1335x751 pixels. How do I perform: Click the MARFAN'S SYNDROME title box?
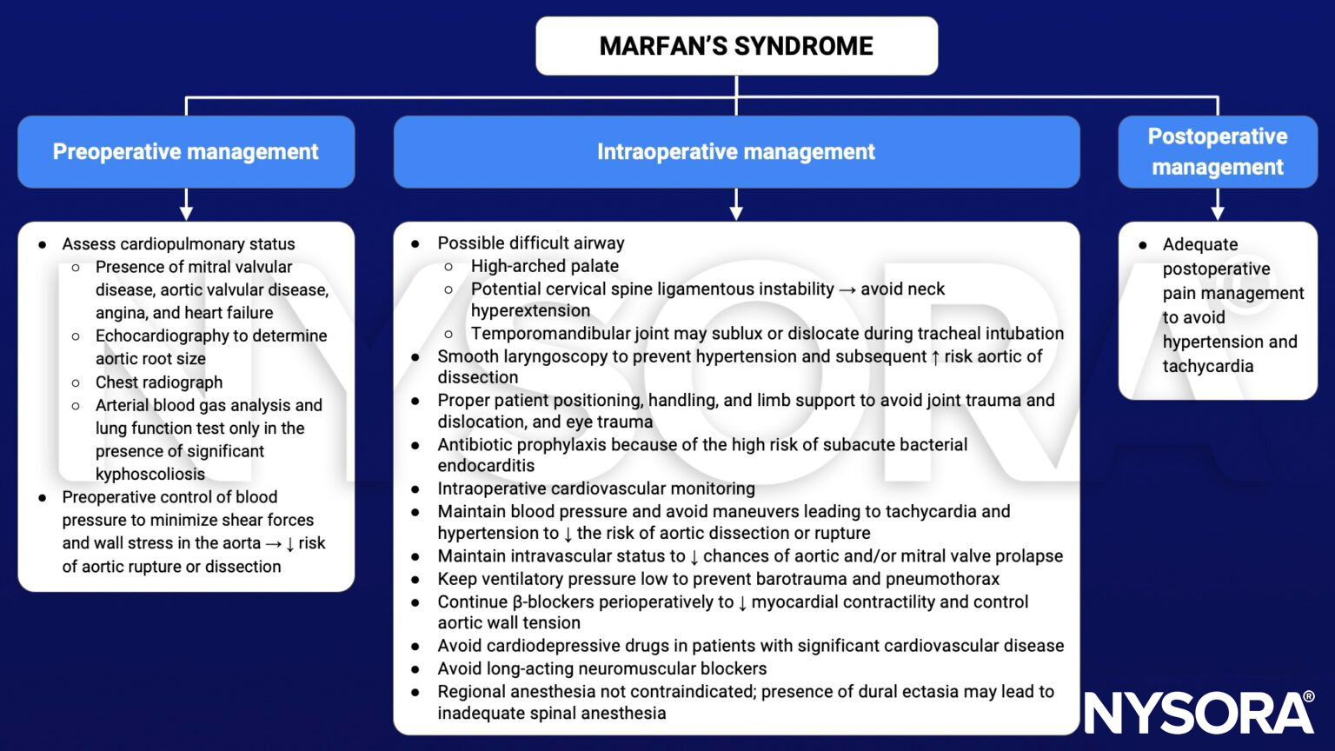click(x=736, y=46)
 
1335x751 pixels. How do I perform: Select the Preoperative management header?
click(x=186, y=152)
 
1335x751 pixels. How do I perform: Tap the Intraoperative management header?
click(x=736, y=152)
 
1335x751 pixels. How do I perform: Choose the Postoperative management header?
click(x=1217, y=152)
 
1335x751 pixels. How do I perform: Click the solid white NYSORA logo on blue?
click(x=1199, y=714)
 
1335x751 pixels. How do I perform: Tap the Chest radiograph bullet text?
click(x=159, y=382)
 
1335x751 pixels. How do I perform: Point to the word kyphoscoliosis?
click(x=150, y=474)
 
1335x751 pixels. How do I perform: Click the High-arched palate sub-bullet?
click(x=545, y=266)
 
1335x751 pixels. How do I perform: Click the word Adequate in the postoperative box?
click(x=1199, y=245)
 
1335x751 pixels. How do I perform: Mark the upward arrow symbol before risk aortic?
click(x=935, y=357)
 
